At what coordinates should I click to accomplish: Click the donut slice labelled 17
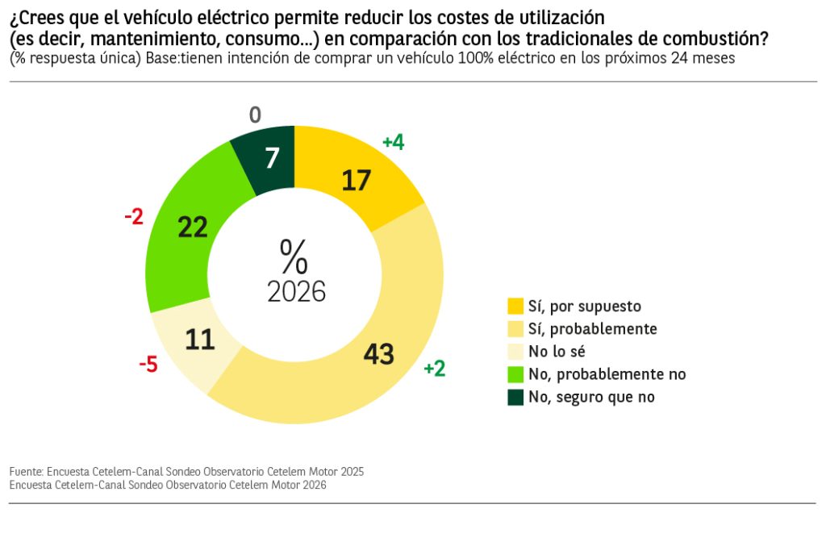tap(357, 180)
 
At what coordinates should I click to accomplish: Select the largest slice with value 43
tap(379, 353)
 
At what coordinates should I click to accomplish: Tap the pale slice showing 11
tap(199, 340)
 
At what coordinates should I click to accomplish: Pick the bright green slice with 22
tap(193, 228)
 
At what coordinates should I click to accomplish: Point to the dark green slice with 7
tap(272, 159)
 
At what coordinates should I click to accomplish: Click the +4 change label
tap(393, 143)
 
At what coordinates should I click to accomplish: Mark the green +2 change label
tap(434, 369)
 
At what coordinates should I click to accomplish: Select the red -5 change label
tap(148, 365)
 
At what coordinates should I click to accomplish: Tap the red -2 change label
tap(134, 216)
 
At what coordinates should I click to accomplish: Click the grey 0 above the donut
tap(255, 116)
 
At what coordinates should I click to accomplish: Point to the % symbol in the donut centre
tap(294, 257)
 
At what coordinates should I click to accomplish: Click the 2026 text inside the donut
tap(296, 292)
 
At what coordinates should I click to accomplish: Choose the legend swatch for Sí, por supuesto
tap(515, 306)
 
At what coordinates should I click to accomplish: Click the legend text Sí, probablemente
tap(592, 329)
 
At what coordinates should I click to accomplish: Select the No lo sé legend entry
tap(556, 352)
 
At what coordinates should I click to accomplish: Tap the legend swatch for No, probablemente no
tap(515, 374)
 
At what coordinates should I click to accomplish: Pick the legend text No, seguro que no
tap(590, 397)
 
